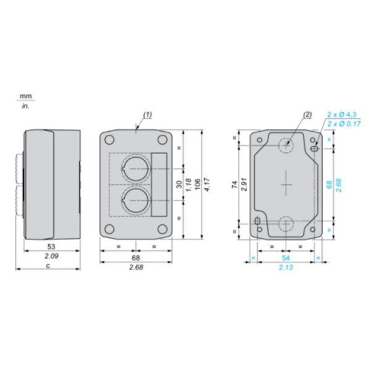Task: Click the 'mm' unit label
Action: pyautogui.click(x=25, y=96)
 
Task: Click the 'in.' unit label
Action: pyautogui.click(x=25, y=105)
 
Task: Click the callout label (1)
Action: pyautogui.click(x=148, y=114)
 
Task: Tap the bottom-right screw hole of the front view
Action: pyautogui.click(x=162, y=229)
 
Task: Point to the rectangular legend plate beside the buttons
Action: pyautogui.click(x=159, y=184)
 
